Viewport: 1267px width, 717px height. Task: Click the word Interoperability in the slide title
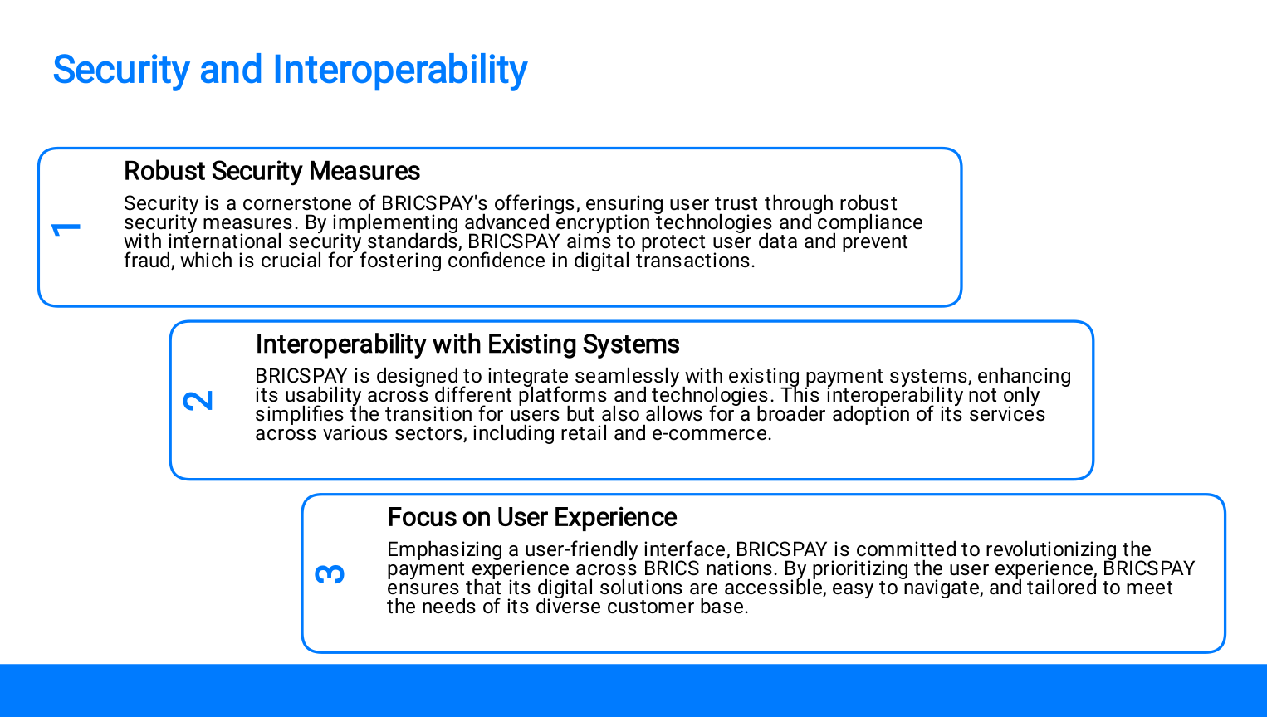(400, 70)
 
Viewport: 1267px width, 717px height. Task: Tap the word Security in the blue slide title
(121, 70)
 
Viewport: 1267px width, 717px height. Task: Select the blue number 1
(66, 228)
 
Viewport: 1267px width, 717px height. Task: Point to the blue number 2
(198, 401)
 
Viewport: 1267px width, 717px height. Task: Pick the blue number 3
(330, 574)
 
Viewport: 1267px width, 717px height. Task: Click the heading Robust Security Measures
(272, 171)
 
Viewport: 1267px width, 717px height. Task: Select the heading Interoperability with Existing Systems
(467, 344)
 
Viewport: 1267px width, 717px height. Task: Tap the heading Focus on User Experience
(531, 517)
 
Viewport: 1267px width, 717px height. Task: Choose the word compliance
(870, 222)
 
